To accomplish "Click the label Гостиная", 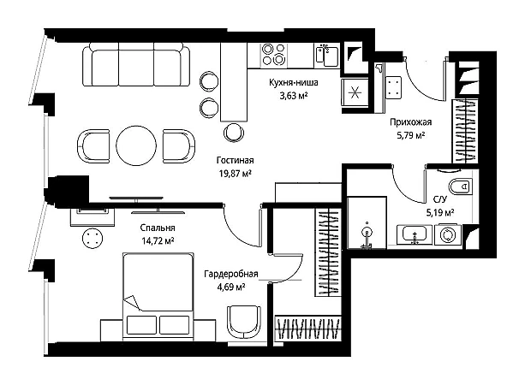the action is click(x=235, y=161).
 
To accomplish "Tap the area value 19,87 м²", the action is click(x=235, y=174).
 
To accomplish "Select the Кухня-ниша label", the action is click(x=293, y=82).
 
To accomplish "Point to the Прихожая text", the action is click(x=410, y=122).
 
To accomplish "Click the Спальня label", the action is click(x=158, y=228).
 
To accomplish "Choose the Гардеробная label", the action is click(x=231, y=274).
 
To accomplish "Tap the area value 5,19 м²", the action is click(x=440, y=212).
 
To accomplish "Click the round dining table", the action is click(x=136, y=145).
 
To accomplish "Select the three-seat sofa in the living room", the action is click(x=136, y=64).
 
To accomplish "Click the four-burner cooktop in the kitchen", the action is click(x=274, y=55).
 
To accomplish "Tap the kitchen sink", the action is click(x=326, y=56).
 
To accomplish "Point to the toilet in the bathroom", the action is click(x=461, y=187).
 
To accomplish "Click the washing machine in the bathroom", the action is click(x=448, y=234).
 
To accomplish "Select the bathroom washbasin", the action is click(x=415, y=234).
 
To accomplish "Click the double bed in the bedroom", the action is click(x=158, y=296).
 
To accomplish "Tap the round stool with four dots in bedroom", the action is click(x=92, y=238).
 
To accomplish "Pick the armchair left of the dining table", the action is click(x=93, y=146).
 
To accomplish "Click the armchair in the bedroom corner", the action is click(x=244, y=322).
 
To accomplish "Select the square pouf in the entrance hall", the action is click(x=393, y=87).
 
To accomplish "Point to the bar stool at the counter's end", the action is click(x=233, y=133).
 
